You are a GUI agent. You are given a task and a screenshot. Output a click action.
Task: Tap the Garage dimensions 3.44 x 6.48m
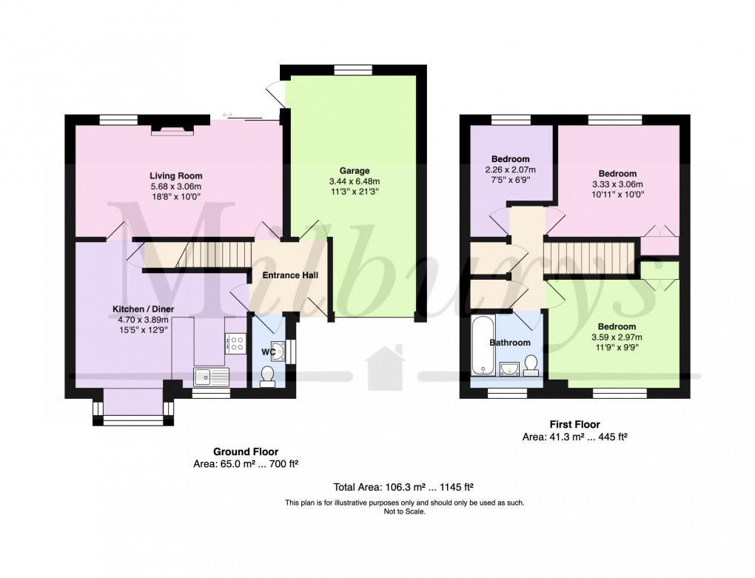pos(350,181)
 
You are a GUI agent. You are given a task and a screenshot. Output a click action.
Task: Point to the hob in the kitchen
pos(237,343)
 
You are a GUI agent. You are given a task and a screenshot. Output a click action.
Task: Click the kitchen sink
pos(211,377)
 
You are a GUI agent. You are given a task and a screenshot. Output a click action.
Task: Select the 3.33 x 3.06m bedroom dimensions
pos(617,184)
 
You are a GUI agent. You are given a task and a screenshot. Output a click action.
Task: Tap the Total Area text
pos(403,487)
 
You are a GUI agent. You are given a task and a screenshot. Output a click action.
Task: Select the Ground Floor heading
pos(246,451)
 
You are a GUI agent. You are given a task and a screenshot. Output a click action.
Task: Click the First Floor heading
pos(574,425)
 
